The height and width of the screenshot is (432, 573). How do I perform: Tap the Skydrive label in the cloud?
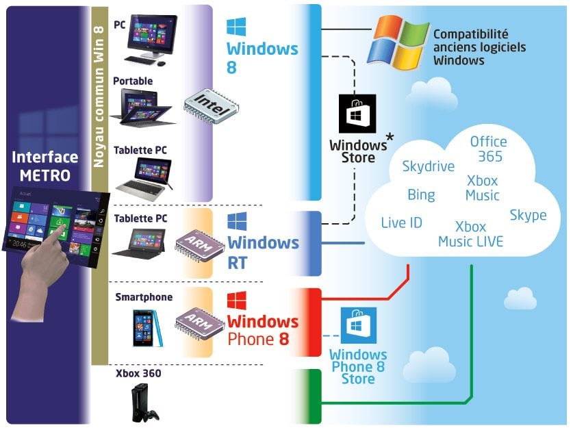(x=429, y=166)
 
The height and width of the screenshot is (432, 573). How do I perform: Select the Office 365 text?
(x=488, y=149)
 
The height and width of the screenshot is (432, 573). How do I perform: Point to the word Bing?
(x=421, y=195)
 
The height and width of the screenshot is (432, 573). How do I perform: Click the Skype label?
(x=528, y=215)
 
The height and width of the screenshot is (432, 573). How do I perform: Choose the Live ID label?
(x=401, y=223)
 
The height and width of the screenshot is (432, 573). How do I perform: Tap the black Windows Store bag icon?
(x=358, y=114)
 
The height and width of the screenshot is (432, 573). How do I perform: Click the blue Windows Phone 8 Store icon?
(x=358, y=327)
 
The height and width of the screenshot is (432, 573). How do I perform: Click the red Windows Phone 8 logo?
(x=236, y=301)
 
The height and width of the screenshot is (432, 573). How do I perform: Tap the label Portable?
(x=133, y=81)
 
